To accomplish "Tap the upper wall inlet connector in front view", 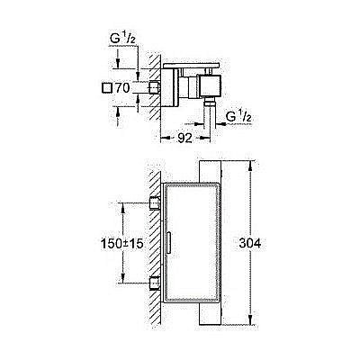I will click(x=154, y=201).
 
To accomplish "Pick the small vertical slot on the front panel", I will click(x=169, y=242).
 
